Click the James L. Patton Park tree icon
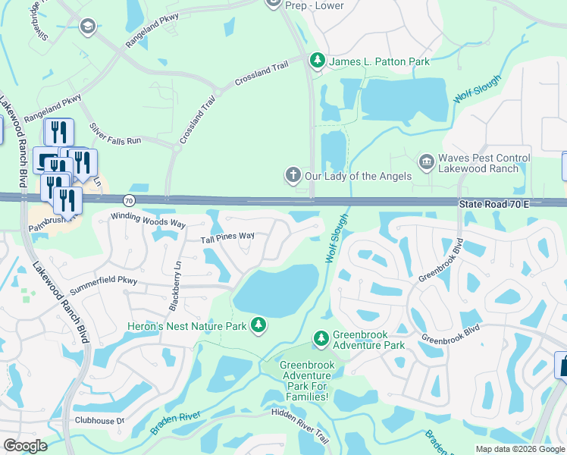(x=318, y=61)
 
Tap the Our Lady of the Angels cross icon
(x=293, y=175)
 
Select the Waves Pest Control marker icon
(x=426, y=162)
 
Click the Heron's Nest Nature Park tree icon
(x=259, y=325)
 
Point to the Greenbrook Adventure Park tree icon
(x=321, y=337)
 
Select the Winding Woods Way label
(x=148, y=220)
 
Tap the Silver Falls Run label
(x=115, y=134)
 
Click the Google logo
(x=25, y=446)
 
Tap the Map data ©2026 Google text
(x=520, y=449)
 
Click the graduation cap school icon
(x=87, y=28)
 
